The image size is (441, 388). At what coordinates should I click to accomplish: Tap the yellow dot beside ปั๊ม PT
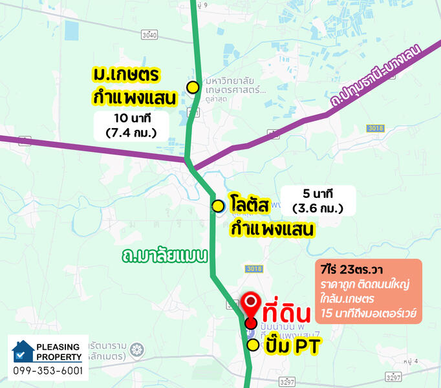click(x=253, y=345)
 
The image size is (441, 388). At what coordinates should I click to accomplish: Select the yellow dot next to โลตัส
click(x=219, y=206)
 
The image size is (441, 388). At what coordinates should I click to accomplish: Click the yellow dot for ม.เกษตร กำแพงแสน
click(x=192, y=87)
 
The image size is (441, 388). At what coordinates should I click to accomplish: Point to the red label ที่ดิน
click(x=286, y=314)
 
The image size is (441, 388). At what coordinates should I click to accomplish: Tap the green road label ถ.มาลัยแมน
click(x=164, y=256)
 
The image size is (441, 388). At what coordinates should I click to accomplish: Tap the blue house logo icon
click(x=24, y=350)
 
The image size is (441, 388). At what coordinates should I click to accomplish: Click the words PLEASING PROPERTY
click(x=59, y=351)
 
